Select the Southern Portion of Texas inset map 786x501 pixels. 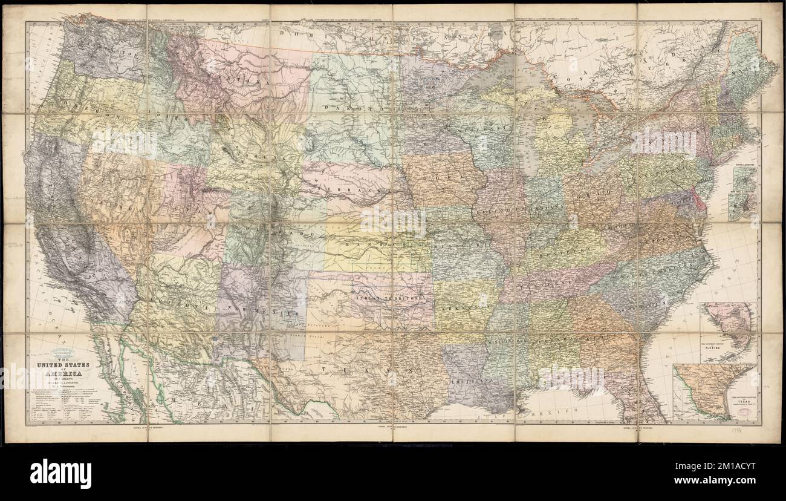pyautogui.click(x=713, y=391)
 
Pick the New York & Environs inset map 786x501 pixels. pyautogui.click(x=742, y=206)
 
